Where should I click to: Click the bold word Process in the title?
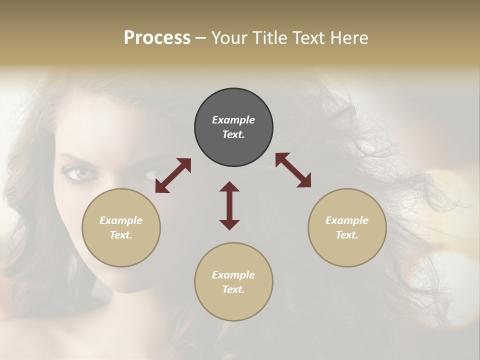[157, 38]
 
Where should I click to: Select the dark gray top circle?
[233, 127]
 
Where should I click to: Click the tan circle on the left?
[121, 227]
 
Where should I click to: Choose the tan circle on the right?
[347, 227]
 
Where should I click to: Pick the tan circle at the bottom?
[233, 281]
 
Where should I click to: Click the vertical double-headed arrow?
[229, 205]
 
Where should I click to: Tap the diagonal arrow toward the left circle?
[173, 175]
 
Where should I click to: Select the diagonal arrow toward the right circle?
[293, 170]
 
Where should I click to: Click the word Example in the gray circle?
[233, 120]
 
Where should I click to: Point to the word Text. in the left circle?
[121, 235]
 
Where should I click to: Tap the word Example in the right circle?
[347, 220]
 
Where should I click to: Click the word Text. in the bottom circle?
[233, 289]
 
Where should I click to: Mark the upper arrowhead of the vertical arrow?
[229, 187]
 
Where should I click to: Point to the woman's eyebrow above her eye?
[75, 160]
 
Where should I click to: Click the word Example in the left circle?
[121, 220]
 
